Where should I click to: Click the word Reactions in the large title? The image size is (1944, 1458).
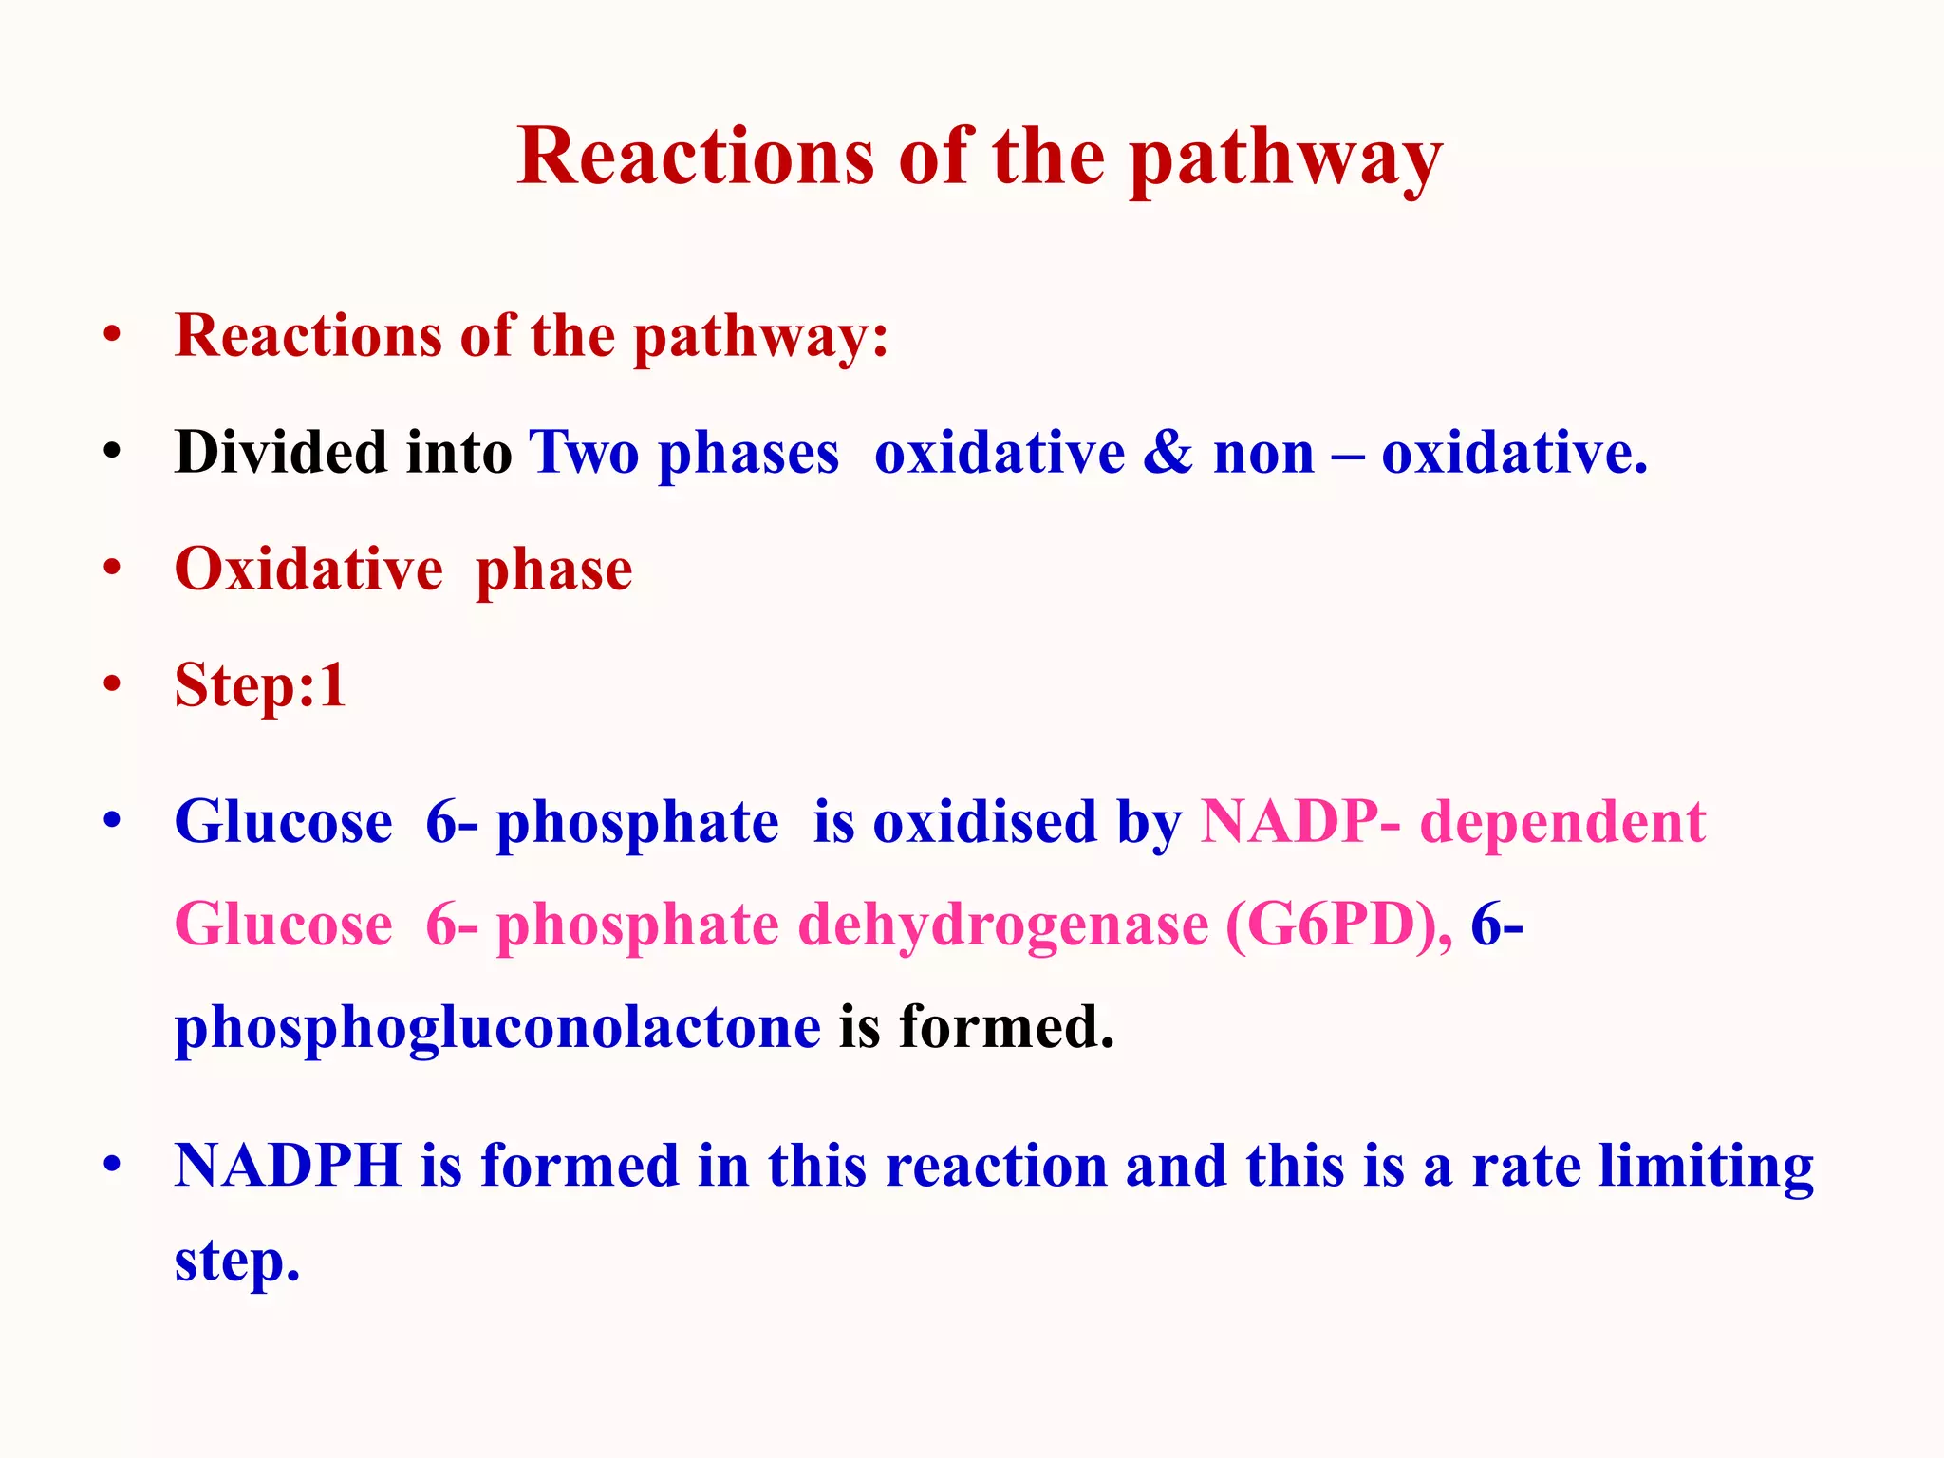695,157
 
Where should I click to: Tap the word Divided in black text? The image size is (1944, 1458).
281,453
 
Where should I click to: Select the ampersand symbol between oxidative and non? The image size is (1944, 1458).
1168,453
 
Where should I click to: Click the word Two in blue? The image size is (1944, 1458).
584,453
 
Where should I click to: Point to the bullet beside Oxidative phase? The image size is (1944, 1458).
113,568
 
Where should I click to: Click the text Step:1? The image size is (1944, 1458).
260,685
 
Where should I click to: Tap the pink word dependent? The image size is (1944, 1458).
1562,822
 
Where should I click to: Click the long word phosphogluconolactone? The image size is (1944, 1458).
497,1027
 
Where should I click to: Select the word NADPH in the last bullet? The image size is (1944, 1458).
289,1166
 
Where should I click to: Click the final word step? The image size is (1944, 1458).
236,1262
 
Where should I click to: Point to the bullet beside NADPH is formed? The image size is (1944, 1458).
113,1165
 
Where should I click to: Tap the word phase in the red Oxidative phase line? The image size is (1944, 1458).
553,570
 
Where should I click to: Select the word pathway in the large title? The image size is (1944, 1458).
1285,157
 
